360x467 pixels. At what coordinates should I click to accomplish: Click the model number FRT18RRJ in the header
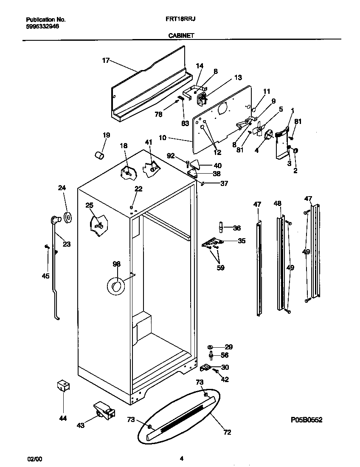[180, 20]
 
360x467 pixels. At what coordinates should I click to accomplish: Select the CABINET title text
[180, 36]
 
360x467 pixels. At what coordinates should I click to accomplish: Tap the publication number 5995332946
[42, 26]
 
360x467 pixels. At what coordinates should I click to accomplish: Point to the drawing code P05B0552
[307, 420]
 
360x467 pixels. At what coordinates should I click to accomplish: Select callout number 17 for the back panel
[106, 61]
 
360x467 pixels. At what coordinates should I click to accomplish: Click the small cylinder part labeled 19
[99, 155]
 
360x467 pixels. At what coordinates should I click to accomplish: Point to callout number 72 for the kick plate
[227, 432]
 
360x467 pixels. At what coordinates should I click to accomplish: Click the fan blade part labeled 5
[258, 129]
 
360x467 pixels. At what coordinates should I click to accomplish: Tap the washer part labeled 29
[211, 347]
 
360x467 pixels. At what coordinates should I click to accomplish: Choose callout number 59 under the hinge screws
[220, 268]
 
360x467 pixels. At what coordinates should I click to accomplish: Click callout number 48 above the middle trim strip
[277, 204]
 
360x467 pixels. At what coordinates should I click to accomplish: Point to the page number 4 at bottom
[182, 459]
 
